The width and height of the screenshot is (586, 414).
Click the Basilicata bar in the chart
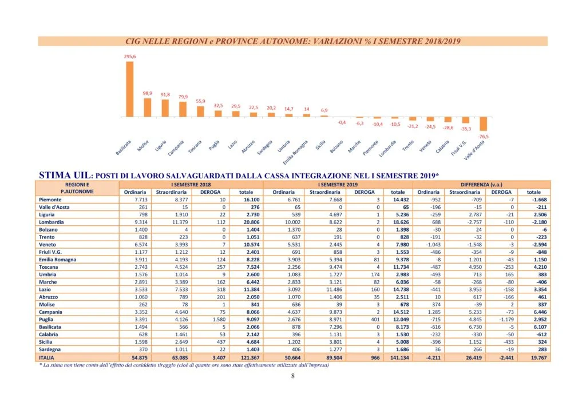[130, 89]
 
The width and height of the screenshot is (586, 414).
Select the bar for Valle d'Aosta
[483, 124]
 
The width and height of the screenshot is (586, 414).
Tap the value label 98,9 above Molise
[147, 93]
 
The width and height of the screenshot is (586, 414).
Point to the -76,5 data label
[483, 136]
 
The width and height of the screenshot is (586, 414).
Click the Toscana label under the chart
[195, 146]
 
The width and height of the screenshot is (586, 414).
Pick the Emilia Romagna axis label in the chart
[295, 152]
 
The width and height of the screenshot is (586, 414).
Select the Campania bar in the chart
[183, 109]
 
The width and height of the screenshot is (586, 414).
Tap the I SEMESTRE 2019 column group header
[338, 185]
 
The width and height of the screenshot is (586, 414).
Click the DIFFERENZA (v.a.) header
[481, 185]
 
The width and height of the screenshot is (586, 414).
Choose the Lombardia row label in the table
[51, 222]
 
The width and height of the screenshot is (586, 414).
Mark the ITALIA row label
[46, 357]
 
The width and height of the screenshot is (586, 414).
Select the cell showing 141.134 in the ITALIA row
[399, 357]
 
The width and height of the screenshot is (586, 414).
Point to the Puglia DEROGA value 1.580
[219, 320]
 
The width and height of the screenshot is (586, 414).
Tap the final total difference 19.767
[539, 357]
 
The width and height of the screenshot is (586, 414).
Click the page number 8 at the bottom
[292, 376]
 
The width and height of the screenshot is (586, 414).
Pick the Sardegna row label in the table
[50, 349]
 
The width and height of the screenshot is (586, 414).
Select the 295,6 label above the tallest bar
[130, 57]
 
